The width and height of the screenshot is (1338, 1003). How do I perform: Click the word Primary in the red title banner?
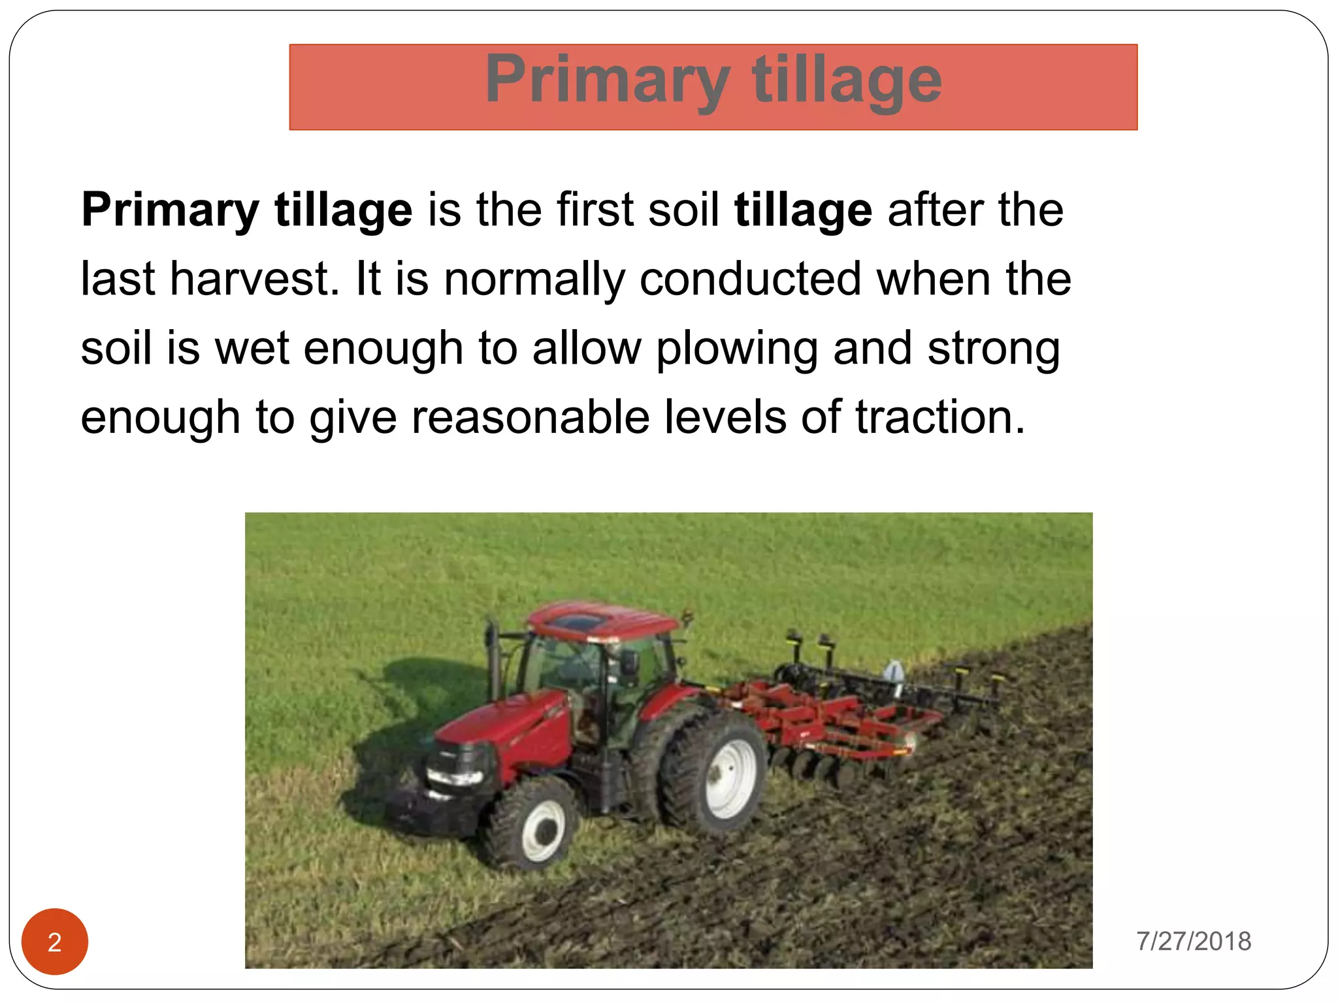click(606, 81)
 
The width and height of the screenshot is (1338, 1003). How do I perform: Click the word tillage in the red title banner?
click(847, 81)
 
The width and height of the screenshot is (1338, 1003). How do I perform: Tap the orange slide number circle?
click(55, 941)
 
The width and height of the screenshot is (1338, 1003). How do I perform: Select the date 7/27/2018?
click(1194, 941)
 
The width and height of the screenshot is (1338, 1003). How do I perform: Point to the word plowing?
click(736, 349)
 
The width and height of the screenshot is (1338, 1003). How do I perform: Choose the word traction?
click(940, 417)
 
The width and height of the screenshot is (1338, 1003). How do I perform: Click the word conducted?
click(750, 279)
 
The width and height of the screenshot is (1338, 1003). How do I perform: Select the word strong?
click(993, 349)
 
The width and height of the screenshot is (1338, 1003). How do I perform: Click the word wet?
click(252, 348)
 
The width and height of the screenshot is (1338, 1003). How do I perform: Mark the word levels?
click(725, 417)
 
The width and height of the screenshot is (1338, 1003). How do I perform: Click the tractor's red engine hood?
click(510, 725)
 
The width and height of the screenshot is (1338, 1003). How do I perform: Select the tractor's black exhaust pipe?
click(491, 660)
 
